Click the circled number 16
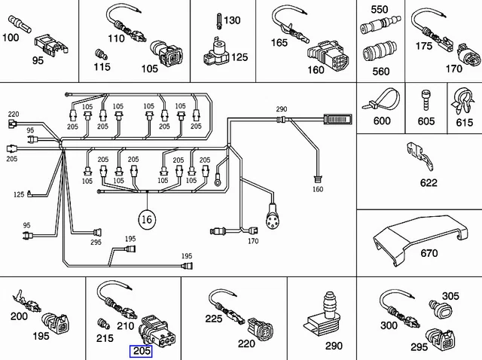pyautogui.click(x=147, y=219)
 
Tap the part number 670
pyautogui.click(x=429, y=253)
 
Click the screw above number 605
pyautogui.click(x=426, y=98)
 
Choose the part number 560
pyautogui.click(x=382, y=71)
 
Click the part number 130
pyautogui.click(x=232, y=20)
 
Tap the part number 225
pyautogui.click(x=214, y=319)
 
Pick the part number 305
pyautogui.click(x=450, y=296)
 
